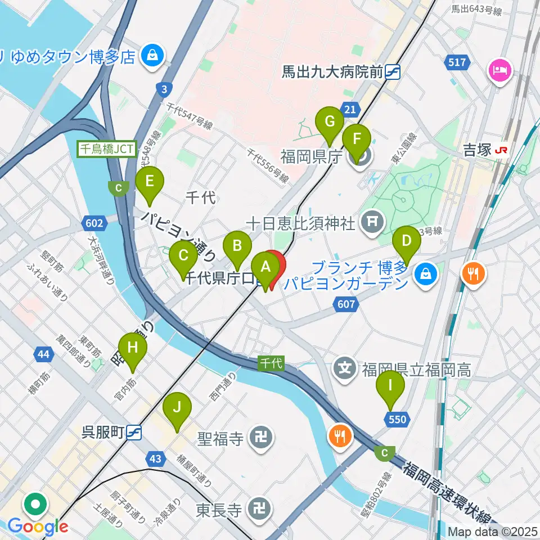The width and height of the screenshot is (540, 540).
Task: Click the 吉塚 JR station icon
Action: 500,150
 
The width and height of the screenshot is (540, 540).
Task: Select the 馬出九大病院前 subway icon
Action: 393,71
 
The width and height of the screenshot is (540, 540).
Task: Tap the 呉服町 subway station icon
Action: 134,432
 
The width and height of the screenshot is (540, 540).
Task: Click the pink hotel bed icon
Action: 499,70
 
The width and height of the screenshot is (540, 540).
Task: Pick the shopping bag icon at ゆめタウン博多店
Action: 152,56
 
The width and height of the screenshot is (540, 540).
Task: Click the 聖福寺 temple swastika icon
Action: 262,438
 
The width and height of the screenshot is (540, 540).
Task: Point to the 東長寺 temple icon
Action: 262,510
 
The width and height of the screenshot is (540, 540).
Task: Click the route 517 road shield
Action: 457,62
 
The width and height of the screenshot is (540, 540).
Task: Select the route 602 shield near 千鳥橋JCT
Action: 94,223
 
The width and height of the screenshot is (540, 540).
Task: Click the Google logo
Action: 38,526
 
